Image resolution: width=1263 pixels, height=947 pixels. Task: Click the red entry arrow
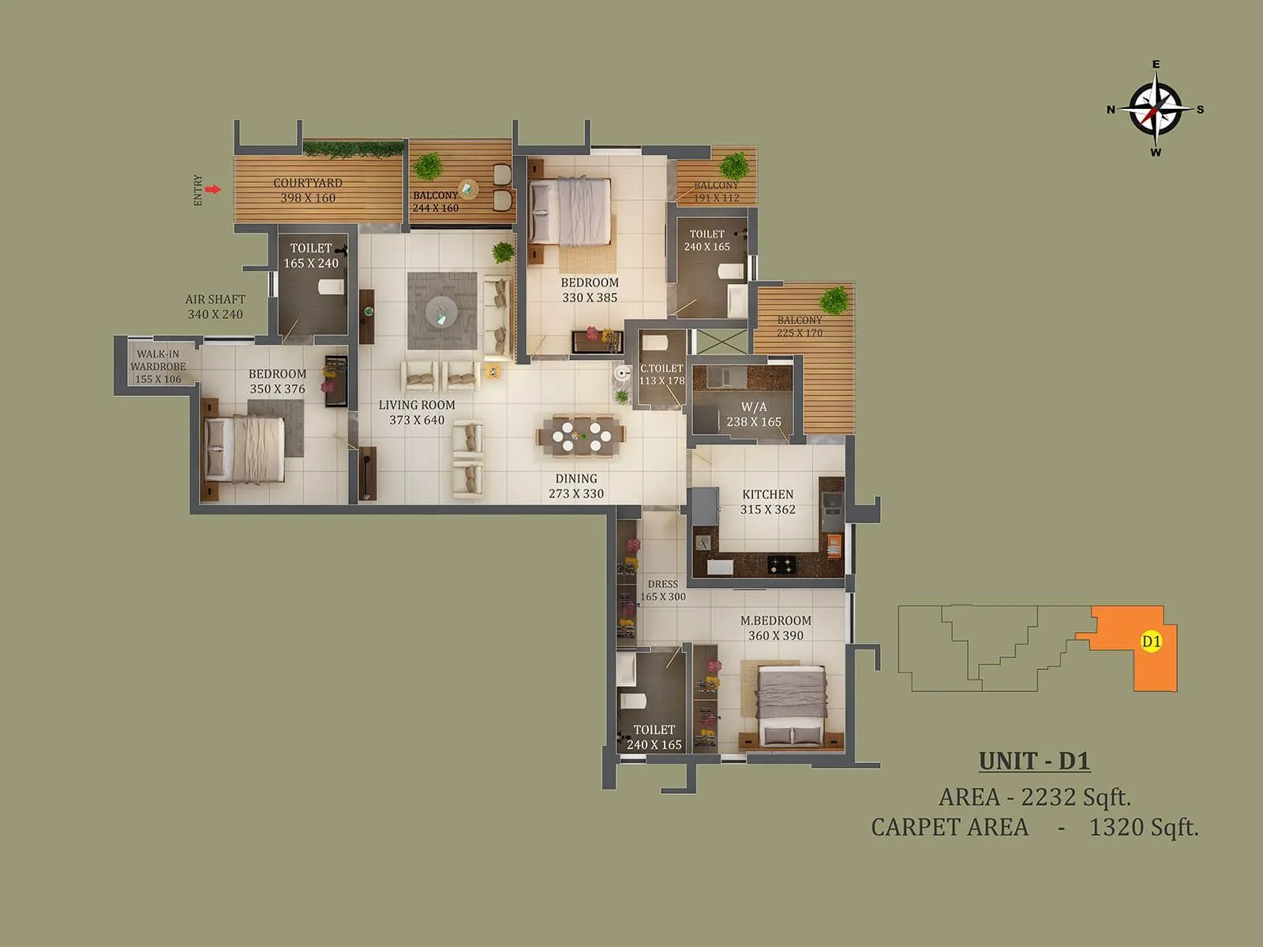click(x=212, y=189)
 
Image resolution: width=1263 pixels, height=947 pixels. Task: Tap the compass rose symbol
click(x=1156, y=109)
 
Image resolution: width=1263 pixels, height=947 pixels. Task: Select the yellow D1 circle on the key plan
click(x=1152, y=642)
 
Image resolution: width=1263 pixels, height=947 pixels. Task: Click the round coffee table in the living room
click(x=441, y=312)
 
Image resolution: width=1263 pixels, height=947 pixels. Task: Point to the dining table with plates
click(x=582, y=435)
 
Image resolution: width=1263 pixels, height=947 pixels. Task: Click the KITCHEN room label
click(x=767, y=495)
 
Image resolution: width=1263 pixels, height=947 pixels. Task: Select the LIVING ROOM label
click(x=417, y=405)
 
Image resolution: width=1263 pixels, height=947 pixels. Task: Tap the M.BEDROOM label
click(x=775, y=621)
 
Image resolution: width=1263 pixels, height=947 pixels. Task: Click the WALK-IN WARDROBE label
click(x=158, y=360)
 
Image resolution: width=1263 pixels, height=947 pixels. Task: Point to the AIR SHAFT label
click(x=215, y=299)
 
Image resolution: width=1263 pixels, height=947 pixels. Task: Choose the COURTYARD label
click(x=308, y=182)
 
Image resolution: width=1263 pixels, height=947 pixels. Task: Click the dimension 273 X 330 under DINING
click(x=576, y=494)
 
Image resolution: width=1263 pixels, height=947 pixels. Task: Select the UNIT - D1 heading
click(x=1034, y=762)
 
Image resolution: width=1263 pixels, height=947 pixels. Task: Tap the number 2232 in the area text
click(x=1047, y=797)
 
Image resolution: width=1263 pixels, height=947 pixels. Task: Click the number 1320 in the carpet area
click(x=1116, y=827)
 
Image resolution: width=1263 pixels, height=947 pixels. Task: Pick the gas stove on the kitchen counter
click(x=782, y=564)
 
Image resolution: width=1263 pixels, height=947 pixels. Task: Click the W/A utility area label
click(x=754, y=407)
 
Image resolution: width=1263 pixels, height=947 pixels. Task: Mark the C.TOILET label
click(x=661, y=369)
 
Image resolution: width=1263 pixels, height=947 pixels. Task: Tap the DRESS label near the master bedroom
click(x=663, y=584)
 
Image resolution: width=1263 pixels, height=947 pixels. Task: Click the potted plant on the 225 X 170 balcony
click(x=834, y=301)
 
